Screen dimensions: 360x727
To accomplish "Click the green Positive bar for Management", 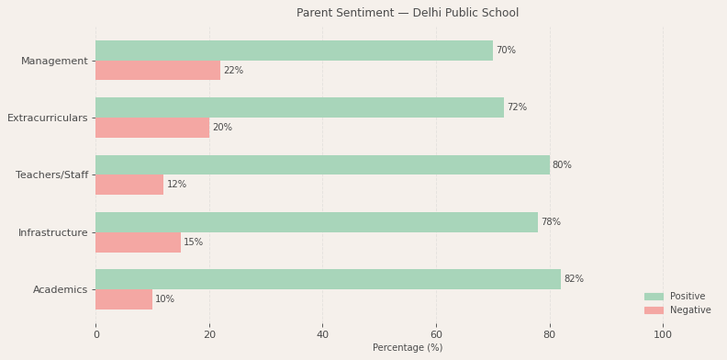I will point(294,51).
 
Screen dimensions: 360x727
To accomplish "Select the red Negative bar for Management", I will point(158,71).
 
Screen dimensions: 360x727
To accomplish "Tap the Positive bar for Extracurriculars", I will point(299,107).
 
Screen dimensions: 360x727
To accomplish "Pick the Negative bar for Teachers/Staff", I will point(129,185).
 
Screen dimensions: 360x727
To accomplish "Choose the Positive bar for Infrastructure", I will point(317,222).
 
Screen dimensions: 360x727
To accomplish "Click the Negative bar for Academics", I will point(124,299).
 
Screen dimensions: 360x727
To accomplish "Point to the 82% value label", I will point(574,279).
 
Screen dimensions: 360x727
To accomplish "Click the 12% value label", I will point(176,185).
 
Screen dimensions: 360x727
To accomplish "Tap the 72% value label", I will point(517,107).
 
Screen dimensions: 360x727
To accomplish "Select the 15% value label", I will point(193,242).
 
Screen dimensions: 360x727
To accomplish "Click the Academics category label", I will point(61,290).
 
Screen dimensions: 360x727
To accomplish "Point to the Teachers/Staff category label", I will point(52,175).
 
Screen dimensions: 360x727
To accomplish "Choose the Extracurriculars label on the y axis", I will point(48,118).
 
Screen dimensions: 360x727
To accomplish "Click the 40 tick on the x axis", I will point(322,335).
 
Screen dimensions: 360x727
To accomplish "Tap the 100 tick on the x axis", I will point(663,335).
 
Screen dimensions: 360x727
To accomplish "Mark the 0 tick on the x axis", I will point(95,335).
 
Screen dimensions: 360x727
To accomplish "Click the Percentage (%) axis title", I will point(408,348).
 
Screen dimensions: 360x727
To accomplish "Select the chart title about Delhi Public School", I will point(408,13).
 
